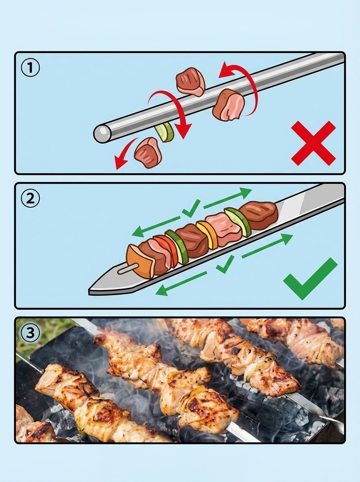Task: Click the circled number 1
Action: [30, 67]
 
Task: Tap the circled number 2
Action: [30, 198]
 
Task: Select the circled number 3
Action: [30, 332]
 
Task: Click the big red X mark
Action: [313, 143]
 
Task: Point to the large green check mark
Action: [310, 279]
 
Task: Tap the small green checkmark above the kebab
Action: [191, 208]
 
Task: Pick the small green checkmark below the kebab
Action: [225, 264]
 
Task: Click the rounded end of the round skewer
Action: [102, 133]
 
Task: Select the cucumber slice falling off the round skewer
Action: [164, 132]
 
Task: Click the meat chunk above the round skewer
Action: [190, 82]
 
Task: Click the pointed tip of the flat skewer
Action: [89, 291]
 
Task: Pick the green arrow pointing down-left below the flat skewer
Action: [181, 284]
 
